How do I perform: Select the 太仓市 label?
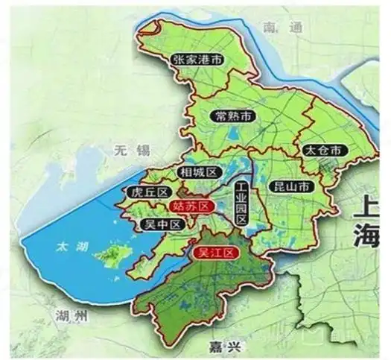point(325,150)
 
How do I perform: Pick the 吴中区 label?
point(162,224)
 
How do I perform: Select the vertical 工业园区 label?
point(241,203)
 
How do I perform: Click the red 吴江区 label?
point(214,253)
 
